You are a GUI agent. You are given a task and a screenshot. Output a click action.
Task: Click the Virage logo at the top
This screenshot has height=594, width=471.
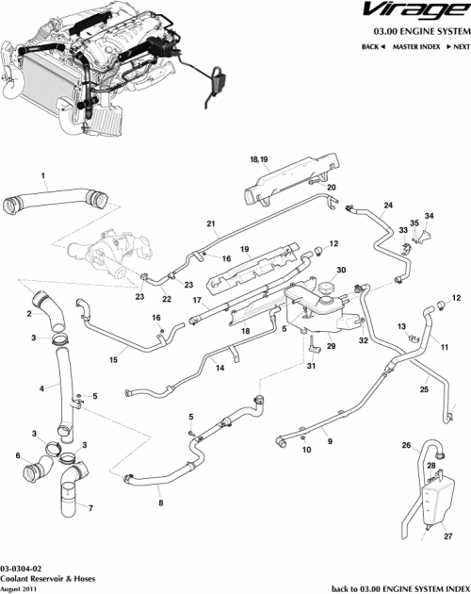[x=414, y=13]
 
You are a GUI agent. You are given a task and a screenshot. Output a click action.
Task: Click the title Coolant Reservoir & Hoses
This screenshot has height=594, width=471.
[x=43, y=578]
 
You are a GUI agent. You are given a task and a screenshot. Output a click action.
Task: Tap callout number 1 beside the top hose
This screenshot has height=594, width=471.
[x=42, y=173]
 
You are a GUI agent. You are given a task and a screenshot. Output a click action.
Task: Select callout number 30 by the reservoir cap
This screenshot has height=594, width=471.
[x=341, y=270]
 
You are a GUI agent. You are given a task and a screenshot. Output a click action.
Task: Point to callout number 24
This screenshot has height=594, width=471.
[x=387, y=206]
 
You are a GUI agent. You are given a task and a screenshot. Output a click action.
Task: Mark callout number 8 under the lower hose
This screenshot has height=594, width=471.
[x=160, y=503]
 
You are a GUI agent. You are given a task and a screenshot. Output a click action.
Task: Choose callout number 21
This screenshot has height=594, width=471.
[x=212, y=224]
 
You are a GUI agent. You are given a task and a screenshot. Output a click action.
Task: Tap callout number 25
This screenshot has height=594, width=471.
[x=425, y=388]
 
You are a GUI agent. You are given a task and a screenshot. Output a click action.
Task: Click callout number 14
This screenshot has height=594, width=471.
[x=219, y=369]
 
